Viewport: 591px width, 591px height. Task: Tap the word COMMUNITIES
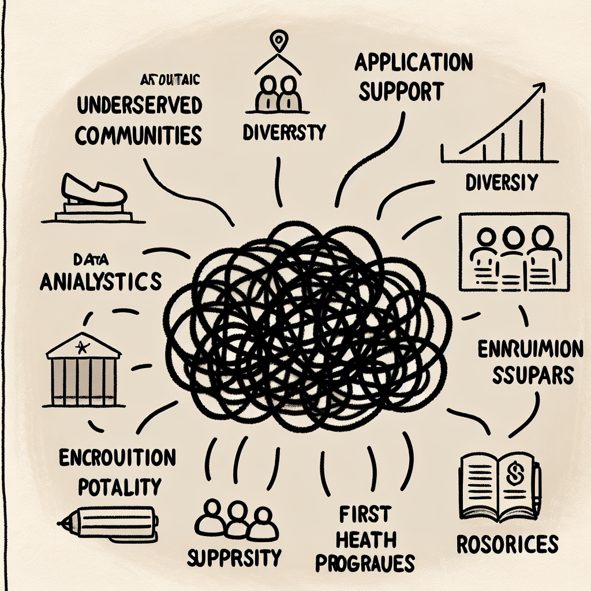tap(139, 134)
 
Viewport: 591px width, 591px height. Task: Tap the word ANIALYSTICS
tap(99, 282)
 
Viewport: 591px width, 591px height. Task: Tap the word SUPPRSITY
tap(234, 558)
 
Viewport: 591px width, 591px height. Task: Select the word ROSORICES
tap(508, 545)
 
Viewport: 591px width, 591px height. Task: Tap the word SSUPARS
tap(533, 376)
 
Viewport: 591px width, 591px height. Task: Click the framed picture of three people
tap(510, 252)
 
